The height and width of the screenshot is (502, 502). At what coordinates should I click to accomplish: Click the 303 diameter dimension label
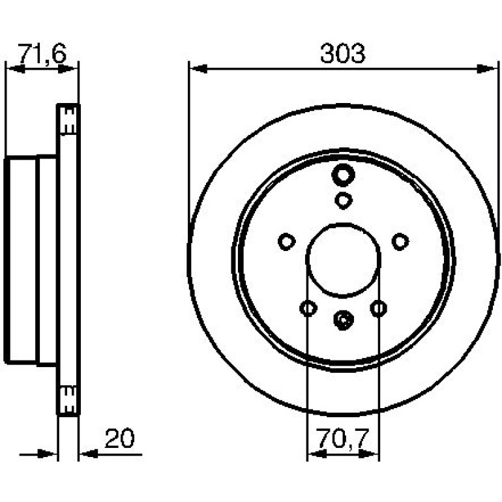click(342, 53)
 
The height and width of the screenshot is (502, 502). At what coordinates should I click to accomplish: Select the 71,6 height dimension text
click(42, 53)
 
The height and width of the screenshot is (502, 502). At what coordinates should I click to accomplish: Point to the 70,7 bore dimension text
click(342, 439)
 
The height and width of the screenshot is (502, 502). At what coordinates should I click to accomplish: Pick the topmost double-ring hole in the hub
click(343, 175)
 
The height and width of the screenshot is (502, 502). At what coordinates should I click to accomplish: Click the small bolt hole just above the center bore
click(344, 201)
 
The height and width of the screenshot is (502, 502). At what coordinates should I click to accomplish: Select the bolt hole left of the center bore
click(287, 242)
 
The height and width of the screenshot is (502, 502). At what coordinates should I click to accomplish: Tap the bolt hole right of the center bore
click(400, 242)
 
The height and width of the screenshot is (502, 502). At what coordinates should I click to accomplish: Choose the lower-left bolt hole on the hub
click(308, 308)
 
